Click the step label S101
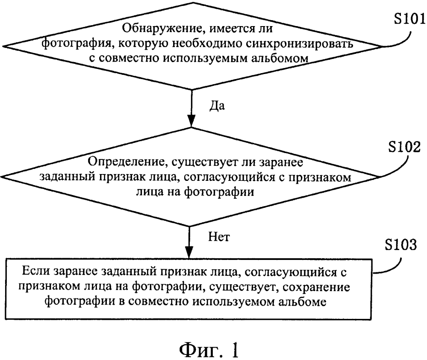point(410,19)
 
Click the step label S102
point(404,147)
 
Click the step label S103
point(400,244)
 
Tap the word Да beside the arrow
point(217,106)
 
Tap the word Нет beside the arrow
point(219,236)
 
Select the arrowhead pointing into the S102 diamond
point(191,121)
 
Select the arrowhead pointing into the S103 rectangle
point(189,252)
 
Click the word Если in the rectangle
point(35,271)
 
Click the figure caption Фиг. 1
point(209,349)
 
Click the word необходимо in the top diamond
point(207,44)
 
